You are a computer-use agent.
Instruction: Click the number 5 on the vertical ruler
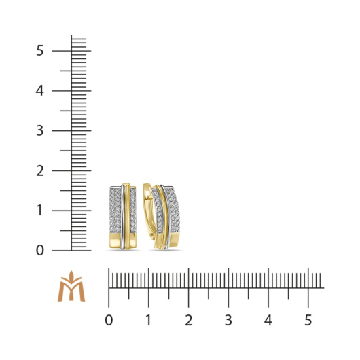(40, 50)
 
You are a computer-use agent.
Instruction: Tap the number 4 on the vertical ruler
(39, 91)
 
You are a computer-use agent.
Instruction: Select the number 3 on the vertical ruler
(40, 130)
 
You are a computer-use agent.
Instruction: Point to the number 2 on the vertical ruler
(40, 170)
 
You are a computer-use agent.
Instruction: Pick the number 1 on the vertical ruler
(39, 211)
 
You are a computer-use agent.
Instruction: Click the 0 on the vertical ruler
(40, 250)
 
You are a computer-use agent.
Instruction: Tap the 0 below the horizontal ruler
(109, 321)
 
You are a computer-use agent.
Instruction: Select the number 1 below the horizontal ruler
(149, 321)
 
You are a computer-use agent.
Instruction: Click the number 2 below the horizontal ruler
(189, 321)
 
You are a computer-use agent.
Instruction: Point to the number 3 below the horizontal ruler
(228, 321)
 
